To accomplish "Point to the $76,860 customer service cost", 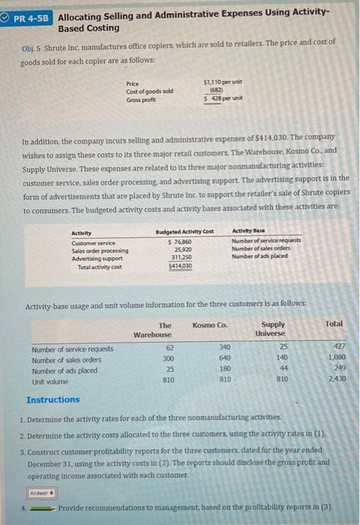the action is [184, 241].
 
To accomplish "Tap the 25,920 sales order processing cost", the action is [184, 250].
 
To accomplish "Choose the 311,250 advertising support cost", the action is [184, 258].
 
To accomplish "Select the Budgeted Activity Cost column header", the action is [184, 232].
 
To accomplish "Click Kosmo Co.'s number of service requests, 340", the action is [224, 348].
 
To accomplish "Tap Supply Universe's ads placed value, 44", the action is [282, 369].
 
